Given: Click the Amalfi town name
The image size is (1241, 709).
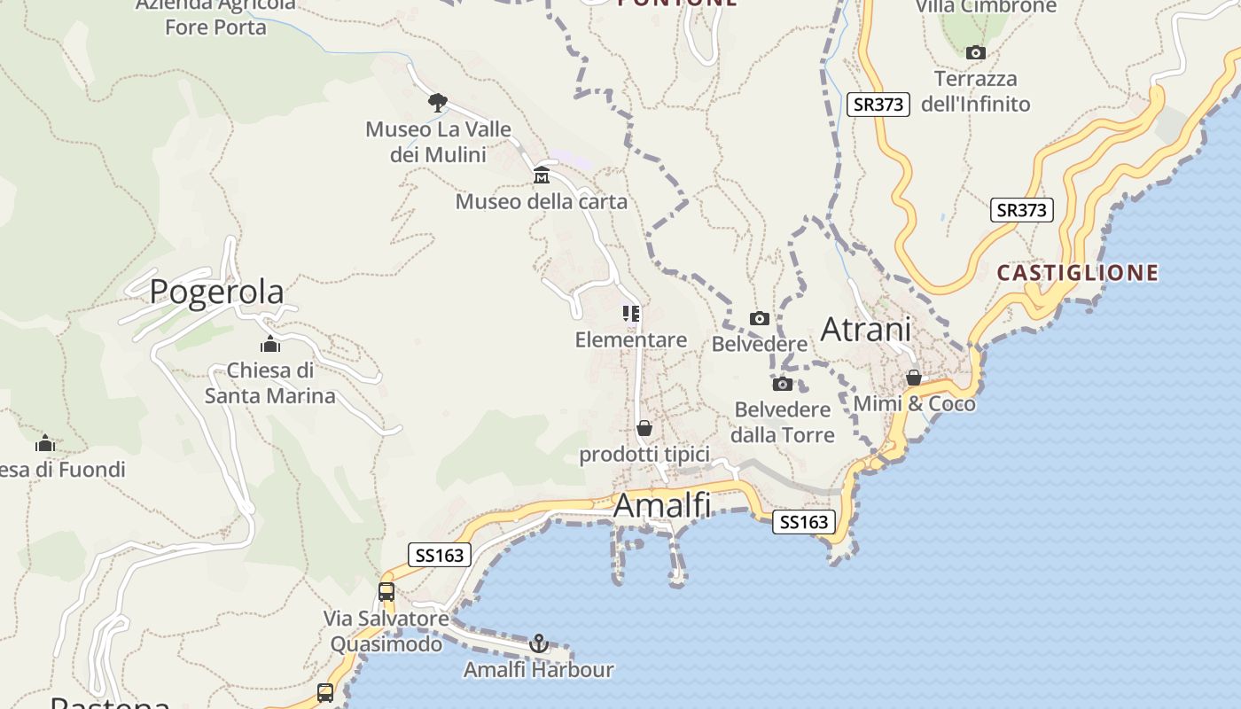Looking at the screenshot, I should point(662,505).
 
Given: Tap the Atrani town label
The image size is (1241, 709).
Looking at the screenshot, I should point(866,330).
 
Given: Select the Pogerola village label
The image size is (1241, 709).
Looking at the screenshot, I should point(216,292).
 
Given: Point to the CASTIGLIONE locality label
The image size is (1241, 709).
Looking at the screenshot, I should point(1078,272).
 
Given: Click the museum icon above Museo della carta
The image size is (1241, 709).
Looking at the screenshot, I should point(542,175).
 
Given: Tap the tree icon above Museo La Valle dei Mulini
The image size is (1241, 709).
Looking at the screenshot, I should point(437,102).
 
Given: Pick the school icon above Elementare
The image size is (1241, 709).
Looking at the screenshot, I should point(631,314).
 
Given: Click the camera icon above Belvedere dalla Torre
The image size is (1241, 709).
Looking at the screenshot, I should point(783,384).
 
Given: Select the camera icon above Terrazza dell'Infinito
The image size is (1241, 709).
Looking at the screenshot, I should point(976,53).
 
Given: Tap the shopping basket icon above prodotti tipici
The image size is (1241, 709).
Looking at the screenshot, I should point(644,428).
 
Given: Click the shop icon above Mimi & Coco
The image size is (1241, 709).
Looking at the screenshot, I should point(914,378).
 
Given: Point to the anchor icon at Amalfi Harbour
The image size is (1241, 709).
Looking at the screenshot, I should point(539,643).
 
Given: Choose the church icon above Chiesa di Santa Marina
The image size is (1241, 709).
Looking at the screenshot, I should point(270,345).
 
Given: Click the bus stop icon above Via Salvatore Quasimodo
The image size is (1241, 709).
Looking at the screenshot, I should point(386,591).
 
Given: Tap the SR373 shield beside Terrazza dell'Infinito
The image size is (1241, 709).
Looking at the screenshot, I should point(878,105).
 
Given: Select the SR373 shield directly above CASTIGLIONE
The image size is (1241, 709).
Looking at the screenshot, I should point(1022,210).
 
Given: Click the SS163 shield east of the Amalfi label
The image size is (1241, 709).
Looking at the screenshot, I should point(804,522).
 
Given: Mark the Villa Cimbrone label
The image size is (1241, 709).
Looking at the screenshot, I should point(986,7).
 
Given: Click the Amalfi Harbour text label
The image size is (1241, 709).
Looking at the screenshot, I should point(539,670).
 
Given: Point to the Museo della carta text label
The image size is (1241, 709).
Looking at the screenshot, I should point(542,202).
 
